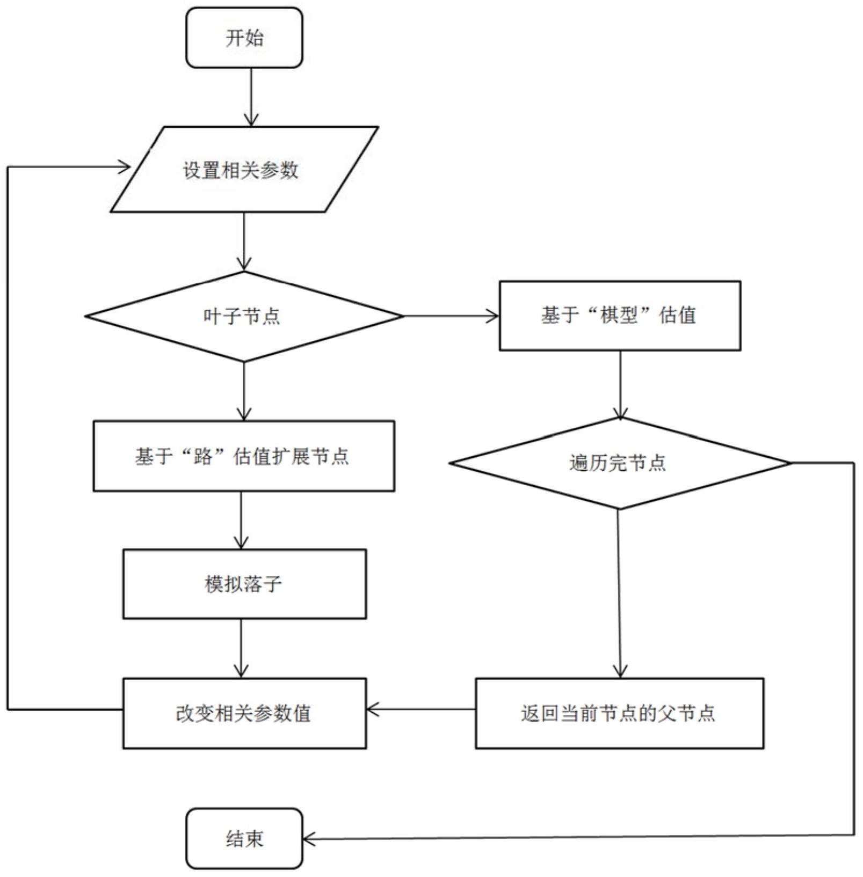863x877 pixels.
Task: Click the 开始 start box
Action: pos(244,38)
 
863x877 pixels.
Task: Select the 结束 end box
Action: pos(244,838)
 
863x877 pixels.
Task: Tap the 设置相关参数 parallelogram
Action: pos(244,170)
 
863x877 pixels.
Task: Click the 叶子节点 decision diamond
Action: pos(244,316)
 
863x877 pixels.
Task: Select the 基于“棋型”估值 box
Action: pos(620,316)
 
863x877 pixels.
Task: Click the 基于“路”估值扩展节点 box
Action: pos(244,456)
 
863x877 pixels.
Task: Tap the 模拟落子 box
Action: pos(244,584)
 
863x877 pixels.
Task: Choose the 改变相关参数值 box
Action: pos(244,713)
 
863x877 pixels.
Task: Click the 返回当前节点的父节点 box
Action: pos(619,713)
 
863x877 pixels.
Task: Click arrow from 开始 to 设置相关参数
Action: pos(251,97)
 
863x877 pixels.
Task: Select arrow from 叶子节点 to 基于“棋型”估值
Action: pos(451,316)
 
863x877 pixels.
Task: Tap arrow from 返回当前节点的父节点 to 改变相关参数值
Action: pos(421,710)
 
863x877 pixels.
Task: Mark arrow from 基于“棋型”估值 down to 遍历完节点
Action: pos(620,384)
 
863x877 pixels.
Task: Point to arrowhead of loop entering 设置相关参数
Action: pos(126,167)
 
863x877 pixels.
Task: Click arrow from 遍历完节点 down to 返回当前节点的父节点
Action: pos(619,593)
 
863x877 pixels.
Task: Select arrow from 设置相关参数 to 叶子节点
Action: pos(244,242)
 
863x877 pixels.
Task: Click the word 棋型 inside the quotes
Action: pos(619,315)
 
